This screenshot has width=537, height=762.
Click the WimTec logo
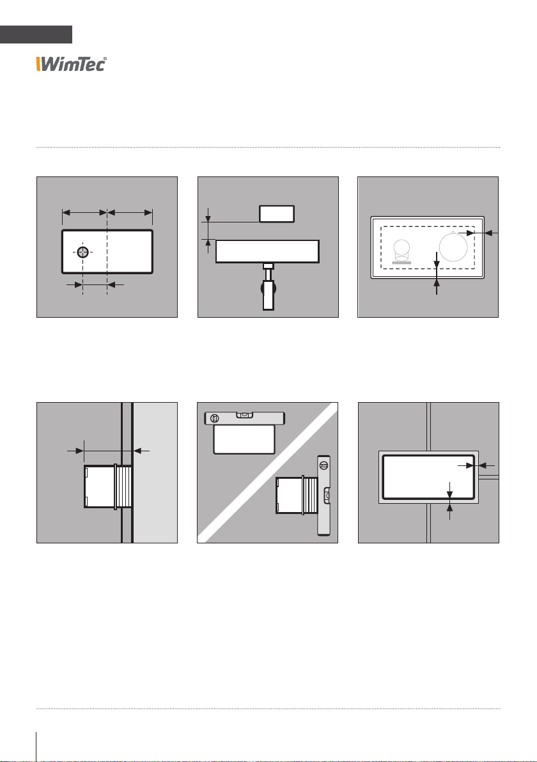coord(71,64)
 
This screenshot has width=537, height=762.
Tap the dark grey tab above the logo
coord(36,35)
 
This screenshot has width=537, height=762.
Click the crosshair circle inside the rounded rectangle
coord(83,252)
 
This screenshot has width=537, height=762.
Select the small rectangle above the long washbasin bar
coord(277,214)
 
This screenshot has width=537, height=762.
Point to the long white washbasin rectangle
coord(267,251)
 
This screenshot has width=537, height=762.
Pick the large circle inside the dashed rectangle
coord(453,247)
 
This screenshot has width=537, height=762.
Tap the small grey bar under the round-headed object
coord(401,263)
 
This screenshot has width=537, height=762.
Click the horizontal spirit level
coord(244,418)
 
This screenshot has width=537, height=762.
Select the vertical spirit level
coord(323,495)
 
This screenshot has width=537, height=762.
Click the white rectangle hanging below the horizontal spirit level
coord(244,439)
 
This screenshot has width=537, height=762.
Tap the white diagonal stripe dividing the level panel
coord(267,472)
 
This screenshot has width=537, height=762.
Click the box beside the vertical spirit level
coord(297,495)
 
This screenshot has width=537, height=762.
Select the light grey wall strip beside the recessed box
coord(155,472)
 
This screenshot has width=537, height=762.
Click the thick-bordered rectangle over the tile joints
coord(428,478)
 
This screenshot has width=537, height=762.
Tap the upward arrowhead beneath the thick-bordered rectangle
coord(450,508)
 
